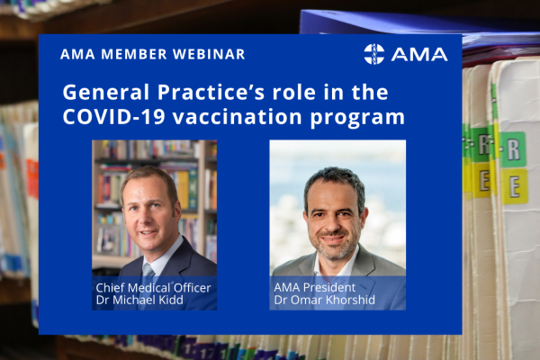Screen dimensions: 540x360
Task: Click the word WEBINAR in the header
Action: [x=209, y=54]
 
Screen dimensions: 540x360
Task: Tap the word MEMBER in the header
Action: [x=134, y=54]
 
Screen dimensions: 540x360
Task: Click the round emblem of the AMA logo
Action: [x=374, y=54]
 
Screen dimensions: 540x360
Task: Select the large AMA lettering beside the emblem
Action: [x=419, y=54]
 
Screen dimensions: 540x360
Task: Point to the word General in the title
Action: [x=105, y=93]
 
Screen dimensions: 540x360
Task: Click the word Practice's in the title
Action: [x=211, y=93]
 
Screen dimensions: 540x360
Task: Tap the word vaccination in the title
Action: [x=238, y=117]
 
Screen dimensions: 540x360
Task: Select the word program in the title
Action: [x=357, y=119]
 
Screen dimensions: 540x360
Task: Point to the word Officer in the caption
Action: [x=193, y=288]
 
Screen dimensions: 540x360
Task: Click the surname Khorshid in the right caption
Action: [x=350, y=300]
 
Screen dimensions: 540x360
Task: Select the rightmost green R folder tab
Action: [x=513, y=150]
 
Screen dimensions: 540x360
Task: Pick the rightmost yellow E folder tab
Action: [x=515, y=186]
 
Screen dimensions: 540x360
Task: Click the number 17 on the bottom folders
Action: [x=207, y=352]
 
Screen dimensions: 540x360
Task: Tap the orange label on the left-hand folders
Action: [x=32, y=179]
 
